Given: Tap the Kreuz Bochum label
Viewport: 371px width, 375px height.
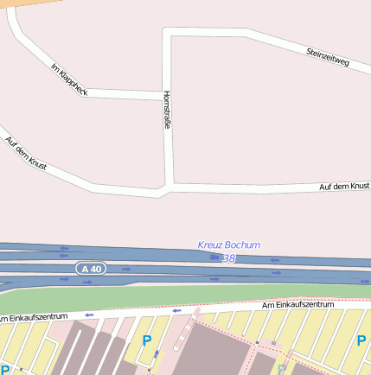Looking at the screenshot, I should coord(228,245).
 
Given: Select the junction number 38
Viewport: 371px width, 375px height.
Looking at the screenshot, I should coord(228,258).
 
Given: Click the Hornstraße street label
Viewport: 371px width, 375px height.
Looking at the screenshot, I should coord(166,111).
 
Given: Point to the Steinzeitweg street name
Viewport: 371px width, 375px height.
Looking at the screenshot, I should coord(328,58).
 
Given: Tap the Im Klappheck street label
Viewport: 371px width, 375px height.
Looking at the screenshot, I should coord(69,79).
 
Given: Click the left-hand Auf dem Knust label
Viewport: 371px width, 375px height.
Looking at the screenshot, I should coord(25,153).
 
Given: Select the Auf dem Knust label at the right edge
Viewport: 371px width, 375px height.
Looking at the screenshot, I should coord(344,187).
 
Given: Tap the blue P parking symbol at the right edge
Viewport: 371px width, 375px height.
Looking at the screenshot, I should coord(361,340).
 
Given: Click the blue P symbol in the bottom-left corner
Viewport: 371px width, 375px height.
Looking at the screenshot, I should coord(5,370).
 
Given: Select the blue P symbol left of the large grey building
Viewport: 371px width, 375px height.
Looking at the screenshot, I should coord(146,341).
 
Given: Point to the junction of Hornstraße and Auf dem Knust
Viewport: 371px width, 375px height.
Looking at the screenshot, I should coord(170,185).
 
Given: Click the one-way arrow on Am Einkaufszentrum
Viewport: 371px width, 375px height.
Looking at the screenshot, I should coord(177,310).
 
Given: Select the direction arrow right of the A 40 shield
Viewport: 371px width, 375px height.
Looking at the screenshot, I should coord(126,269).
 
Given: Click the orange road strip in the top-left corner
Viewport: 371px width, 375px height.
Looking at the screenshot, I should coord(22,3).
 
